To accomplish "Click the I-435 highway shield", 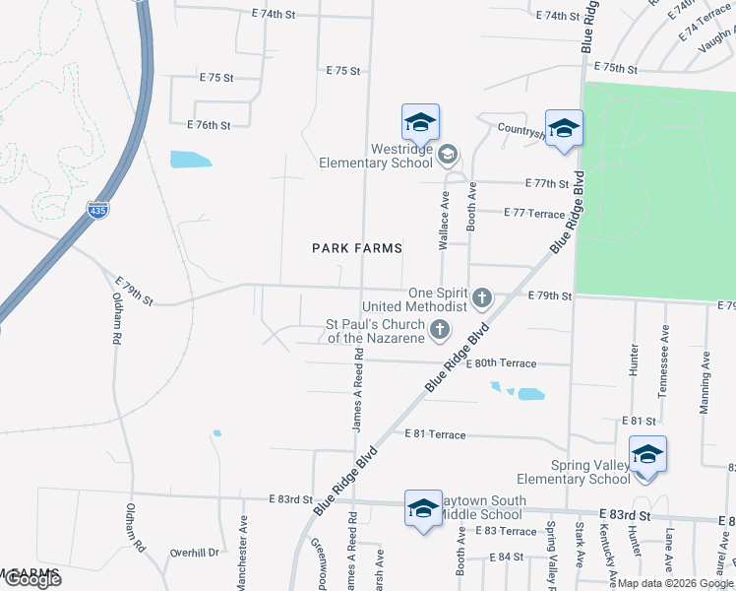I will [96, 210].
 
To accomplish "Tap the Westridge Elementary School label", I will [376, 157].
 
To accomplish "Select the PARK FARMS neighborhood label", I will [358, 248].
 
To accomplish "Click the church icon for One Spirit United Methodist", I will [482, 295].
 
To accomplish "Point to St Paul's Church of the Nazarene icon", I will [441, 329].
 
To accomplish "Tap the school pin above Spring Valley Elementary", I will [647, 455].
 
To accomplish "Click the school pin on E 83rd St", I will [422, 509].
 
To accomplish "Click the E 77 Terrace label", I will [534, 213].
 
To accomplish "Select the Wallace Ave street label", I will [444, 226].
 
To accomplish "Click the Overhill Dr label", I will [193, 553].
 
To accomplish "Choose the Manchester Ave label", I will [241, 538].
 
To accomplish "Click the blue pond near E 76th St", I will [190, 160].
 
